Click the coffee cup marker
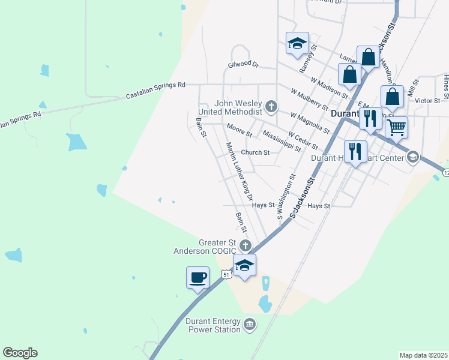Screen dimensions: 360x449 (x=198, y=278)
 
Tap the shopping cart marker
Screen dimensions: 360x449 (x=396, y=127)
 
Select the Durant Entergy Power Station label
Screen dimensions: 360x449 (x=213, y=325)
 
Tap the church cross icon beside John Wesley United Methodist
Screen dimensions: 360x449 (x=271, y=107)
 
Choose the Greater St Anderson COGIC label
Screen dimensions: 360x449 (x=205, y=247)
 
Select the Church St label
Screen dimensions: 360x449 (x=255, y=152)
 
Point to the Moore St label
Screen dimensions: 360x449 (x=239, y=129)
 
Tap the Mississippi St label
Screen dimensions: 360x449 (x=281, y=141)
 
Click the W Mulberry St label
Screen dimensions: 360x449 (x=310, y=99)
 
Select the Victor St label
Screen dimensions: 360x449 (x=427, y=100)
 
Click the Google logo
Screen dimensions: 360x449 (x=20, y=353)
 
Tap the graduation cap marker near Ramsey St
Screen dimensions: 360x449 (x=297, y=44)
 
